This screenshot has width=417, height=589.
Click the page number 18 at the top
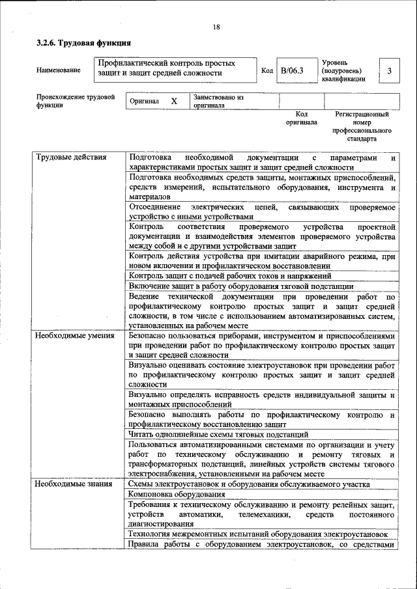[x=216, y=27]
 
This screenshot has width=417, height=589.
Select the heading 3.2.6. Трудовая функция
[x=83, y=43]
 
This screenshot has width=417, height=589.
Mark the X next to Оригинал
[x=174, y=102]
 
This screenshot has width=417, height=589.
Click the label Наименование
[x=59, y=70]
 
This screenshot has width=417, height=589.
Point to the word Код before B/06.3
[x=267, y=70]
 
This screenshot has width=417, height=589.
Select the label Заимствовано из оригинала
[x=218, y=101]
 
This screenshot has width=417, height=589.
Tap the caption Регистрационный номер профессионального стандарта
[x=362, y=126]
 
